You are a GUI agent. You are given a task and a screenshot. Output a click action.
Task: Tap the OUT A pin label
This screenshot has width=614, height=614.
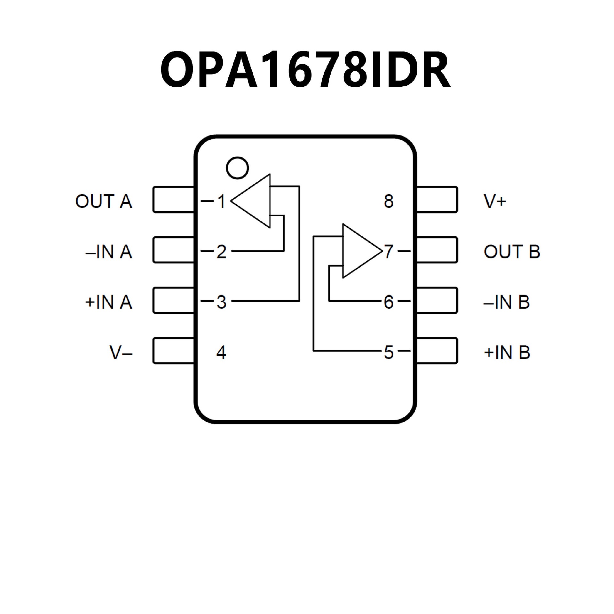coord(104,201)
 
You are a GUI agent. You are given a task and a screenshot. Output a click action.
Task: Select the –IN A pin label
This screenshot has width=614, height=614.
coord(109,252)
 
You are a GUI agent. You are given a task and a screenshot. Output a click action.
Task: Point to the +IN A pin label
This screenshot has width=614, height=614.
coord(109,302)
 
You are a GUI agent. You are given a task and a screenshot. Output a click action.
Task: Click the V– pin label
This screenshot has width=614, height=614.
coord(121,352)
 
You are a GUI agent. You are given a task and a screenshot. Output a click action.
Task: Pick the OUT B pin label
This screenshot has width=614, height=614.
coord(512,252)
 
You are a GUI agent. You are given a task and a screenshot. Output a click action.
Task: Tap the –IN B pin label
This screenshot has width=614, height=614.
coord(507,302)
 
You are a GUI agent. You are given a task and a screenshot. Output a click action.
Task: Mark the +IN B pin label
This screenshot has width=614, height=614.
coord(507,352)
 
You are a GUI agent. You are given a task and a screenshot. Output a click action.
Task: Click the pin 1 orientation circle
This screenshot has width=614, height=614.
coord(237,168)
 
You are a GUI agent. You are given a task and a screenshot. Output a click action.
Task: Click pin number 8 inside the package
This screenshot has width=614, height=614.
coord(389,201)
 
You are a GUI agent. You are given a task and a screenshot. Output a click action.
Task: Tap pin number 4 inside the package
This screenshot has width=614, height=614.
coord(221,352)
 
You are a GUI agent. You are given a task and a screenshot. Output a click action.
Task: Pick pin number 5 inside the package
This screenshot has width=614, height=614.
coord(389,352)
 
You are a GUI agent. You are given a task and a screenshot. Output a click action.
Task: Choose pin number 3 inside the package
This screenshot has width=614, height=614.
coord(221,302)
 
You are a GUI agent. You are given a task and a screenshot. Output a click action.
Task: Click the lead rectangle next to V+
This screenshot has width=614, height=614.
coord(437,200)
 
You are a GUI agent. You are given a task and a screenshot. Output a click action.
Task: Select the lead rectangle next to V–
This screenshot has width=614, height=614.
coord(174,350)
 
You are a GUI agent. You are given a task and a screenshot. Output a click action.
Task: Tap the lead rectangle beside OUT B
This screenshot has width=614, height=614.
coord(437,250)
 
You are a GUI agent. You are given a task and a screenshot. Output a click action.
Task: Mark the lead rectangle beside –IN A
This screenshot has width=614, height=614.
coord(174,250)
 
